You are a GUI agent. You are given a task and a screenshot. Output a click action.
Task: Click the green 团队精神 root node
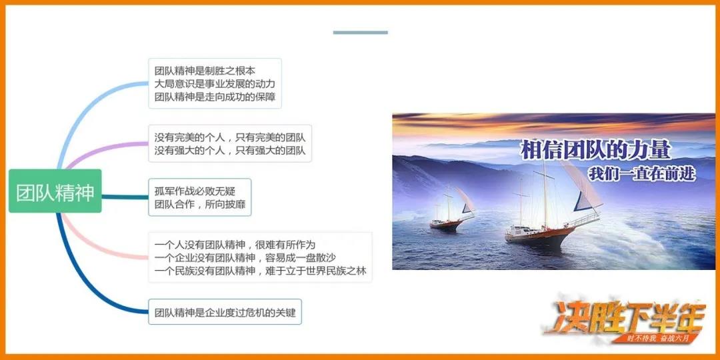click(x=55, y=191)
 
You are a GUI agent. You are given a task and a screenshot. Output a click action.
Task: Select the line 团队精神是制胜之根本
click(x=205, y=71)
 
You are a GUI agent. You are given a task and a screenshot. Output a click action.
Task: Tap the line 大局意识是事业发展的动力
click(x=215, y=85)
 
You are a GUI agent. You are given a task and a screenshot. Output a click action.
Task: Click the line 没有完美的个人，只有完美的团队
click(x=230, y=137)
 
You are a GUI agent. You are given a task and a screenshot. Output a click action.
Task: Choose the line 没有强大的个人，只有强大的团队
click(x=230, y=151)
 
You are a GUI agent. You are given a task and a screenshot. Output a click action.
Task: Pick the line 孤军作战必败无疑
click(x=195, y=191)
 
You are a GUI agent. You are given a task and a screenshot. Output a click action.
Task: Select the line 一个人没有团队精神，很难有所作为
click(x=235, y=245)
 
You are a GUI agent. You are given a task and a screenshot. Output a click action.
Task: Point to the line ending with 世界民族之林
click(x=261, y=271)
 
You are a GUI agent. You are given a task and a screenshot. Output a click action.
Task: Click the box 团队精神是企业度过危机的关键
click(x=225, y=312)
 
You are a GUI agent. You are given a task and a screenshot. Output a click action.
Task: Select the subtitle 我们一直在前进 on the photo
click(x=642, y=174)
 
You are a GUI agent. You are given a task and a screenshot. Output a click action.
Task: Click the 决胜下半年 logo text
click(x=625, y=317)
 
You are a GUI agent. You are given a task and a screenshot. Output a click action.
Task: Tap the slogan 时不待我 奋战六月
click(x=658, y=339)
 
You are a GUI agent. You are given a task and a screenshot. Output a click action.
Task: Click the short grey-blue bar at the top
click(x=361, y=33)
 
